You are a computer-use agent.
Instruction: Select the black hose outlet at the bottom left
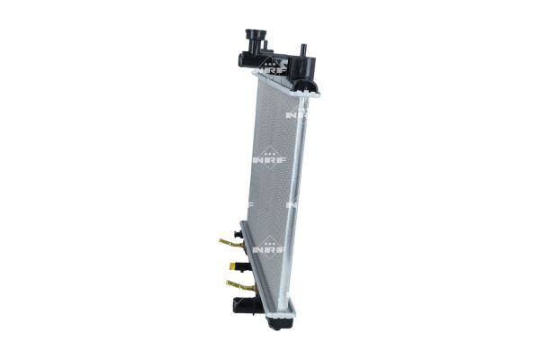tap(240, 305)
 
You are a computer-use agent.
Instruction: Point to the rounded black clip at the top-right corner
tap(310, 85)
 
